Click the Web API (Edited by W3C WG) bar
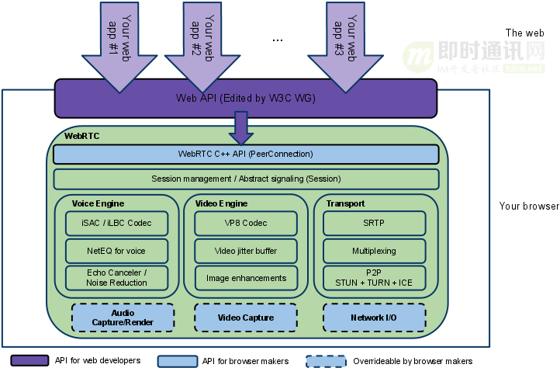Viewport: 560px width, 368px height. pyautogui.click(x=246, y=99)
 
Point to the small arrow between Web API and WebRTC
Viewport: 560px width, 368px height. pyautogui.click(x=241, y=127)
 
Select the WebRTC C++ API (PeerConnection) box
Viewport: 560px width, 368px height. pyautogui.click(x=246, y=154)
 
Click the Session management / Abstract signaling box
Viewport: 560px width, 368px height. pyautogui.click(x=246, y=179)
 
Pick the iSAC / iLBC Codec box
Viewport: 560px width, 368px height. pyautogui.click(x=117, y=223)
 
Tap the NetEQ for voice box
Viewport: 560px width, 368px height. pyautogui.click(x=117, y=251)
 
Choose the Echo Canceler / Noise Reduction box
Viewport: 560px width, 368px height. pyautogui.click(x=117, y=278)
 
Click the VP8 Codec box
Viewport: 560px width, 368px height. pyautogui.click(x=246, y=223)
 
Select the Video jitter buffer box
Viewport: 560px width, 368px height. pyautogui.click(x=246, y=251)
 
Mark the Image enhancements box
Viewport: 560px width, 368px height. pyautogui.click(x=246, y=278)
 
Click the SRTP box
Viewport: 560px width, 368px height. pyautogui.click(x=375, y=223)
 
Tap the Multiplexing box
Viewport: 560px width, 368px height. pyautogui.click(x=375, y=251)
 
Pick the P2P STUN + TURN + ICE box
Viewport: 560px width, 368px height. pyautogui.click(x=375, y=278)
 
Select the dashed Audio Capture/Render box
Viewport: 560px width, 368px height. pyautogui.click(x=123, y=318)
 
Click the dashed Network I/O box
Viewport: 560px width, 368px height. pyautogui.click(x=375, y=318)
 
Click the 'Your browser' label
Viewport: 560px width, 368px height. pyautogui.click(x=529, y=207)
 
